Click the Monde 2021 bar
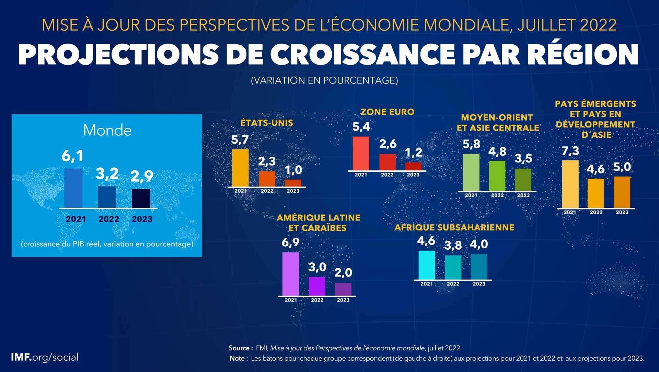(73, 188)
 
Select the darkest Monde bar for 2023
(141, 198)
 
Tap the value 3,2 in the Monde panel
(107, 173)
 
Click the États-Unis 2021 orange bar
(240, 168)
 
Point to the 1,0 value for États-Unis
(293, 170)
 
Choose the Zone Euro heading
(387, 112)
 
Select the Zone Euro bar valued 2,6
(388, 162)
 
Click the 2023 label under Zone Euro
(413, 175)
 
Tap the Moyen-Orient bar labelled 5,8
(471, 172)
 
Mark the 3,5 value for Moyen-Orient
(523, 158)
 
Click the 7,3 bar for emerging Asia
(570, 184)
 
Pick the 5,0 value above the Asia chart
(622, 167)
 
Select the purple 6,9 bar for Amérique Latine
(290, 274)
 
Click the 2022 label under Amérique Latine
(317, 300)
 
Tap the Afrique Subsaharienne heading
(454, 227)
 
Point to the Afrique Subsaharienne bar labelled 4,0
(479, 267)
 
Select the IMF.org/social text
(45, 357)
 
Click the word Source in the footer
(239, 348)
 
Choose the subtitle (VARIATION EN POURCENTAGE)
(324, 80)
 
